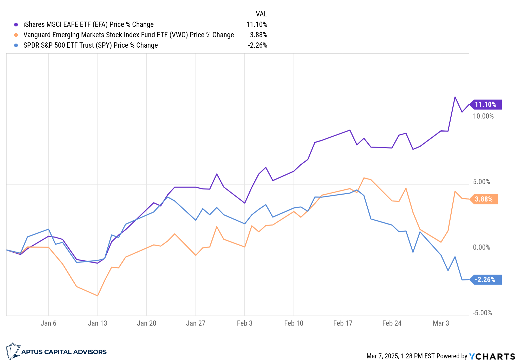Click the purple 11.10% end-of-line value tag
point(486,105)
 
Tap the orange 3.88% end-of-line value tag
point(484,199)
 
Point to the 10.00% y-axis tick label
point(483,116)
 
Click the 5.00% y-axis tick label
point(481,182)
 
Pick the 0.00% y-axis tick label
point(481,247)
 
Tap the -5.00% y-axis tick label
point(482,313)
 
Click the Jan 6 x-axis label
point(48,323)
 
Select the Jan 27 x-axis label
point(196,323)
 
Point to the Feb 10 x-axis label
point(294,323)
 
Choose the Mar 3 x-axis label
point(441,323)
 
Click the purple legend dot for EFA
point(16,25)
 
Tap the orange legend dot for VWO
point(16,35)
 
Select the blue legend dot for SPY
point(16,46)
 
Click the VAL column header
point(261,14)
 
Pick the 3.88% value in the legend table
point(258,35)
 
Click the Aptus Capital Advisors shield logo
point(13,351)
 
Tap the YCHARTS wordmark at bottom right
point(492,356)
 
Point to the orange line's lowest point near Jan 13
point(97,296)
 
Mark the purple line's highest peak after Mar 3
point(455,97)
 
